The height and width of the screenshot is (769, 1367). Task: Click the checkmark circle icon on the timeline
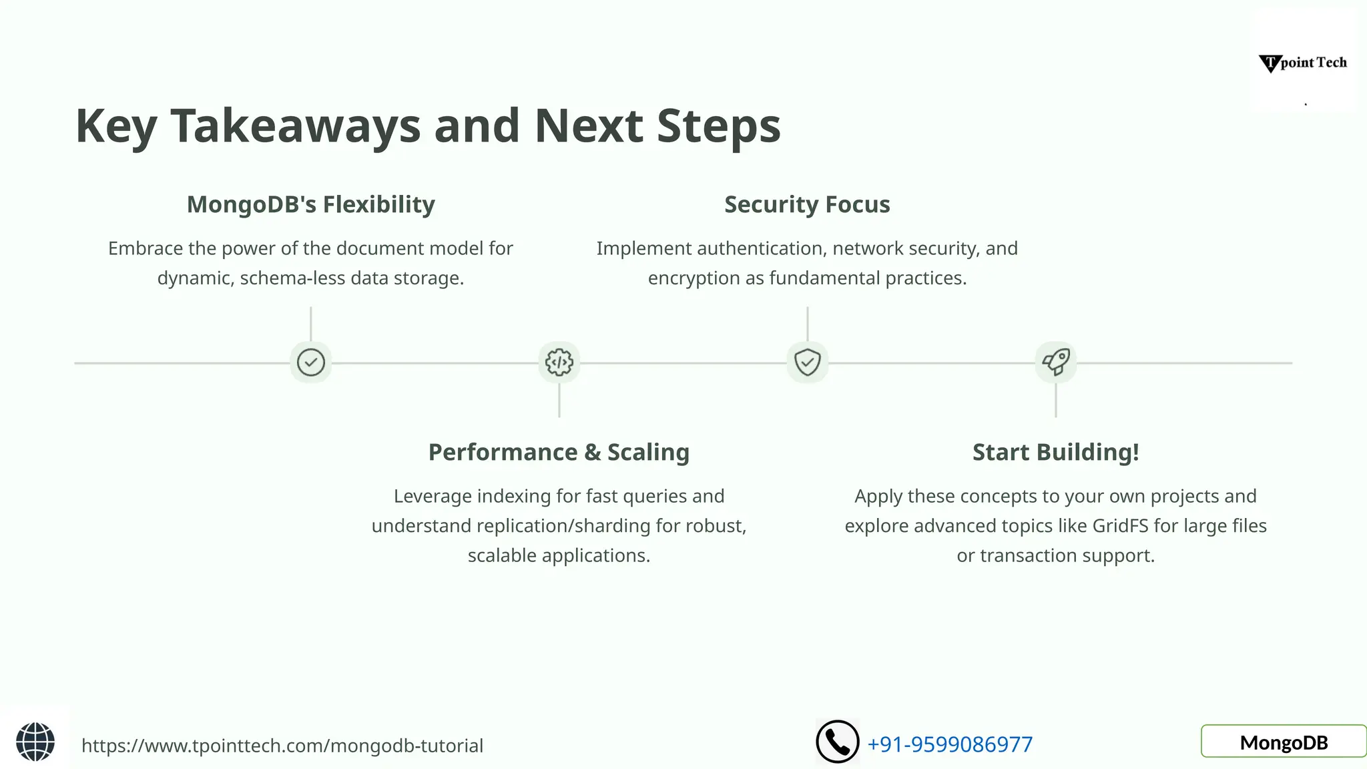310,362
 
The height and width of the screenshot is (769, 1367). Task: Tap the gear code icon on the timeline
559,362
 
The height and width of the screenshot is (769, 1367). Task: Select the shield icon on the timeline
807,362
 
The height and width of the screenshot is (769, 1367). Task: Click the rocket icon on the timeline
1056,362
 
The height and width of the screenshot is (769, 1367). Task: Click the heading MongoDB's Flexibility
310,204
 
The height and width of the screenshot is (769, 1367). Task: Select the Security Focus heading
807,204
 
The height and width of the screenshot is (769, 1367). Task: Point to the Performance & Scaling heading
559,452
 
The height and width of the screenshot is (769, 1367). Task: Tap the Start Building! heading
1055,452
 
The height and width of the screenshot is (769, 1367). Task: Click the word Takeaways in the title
295,126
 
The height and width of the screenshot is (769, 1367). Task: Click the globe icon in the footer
35,742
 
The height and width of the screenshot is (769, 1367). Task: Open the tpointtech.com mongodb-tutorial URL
282,746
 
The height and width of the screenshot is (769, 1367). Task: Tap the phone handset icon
837,742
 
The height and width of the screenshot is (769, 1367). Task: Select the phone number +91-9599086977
950,744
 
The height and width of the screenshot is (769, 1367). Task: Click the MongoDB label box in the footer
1284,742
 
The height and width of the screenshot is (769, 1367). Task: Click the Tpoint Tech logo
1303,63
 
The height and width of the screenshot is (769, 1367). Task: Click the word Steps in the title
718,126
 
